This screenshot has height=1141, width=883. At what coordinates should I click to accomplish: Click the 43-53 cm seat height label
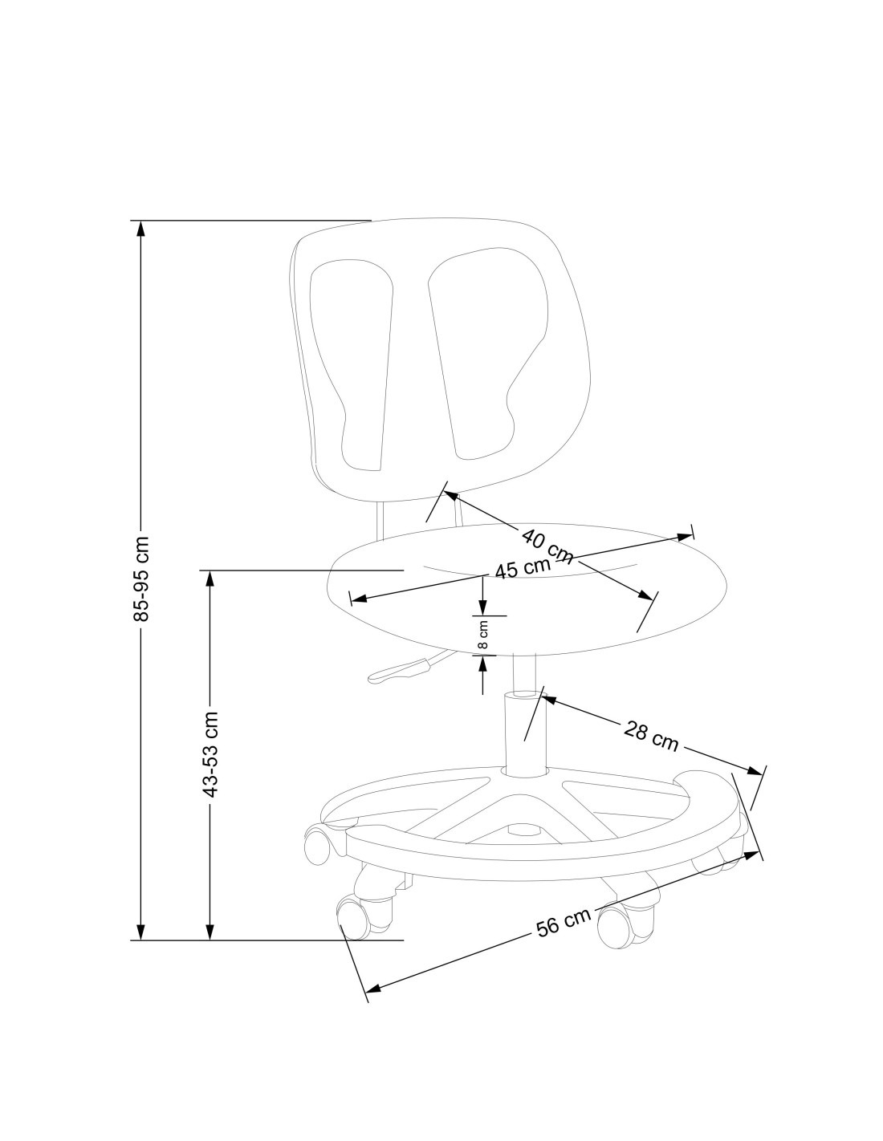[x=210, y=754]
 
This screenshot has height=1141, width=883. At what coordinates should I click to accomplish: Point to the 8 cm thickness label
[x=482, y=635]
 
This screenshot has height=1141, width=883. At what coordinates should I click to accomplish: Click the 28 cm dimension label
[x=651, y=736]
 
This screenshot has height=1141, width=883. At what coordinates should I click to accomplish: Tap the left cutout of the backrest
[x=354, y=361]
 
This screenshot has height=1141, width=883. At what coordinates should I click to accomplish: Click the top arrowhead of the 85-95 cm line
[x=141, y=228]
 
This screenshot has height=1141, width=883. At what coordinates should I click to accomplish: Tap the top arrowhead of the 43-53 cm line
[x=210, y=579]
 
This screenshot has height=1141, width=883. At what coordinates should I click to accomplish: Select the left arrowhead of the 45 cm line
[x=358, y=599]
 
